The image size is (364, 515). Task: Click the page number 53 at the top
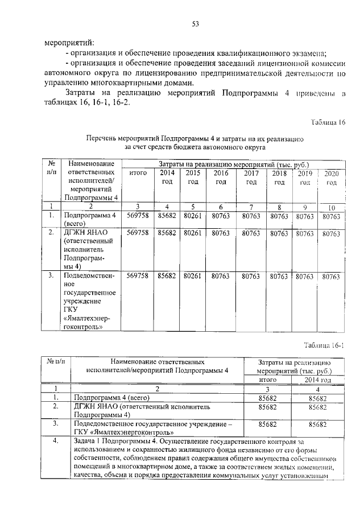[195, 23]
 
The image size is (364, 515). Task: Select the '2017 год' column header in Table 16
[251, 178]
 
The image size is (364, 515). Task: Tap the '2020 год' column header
[331, 178]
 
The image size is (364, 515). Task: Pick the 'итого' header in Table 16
[138, 173]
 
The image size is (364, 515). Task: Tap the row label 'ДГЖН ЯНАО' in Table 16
[86, 233]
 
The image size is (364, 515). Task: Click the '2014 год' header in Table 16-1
[317, 380]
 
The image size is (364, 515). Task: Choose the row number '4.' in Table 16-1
[56, 441]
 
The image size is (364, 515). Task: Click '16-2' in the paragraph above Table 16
[120, 102]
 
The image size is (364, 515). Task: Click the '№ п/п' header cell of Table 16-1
[56, 361]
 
